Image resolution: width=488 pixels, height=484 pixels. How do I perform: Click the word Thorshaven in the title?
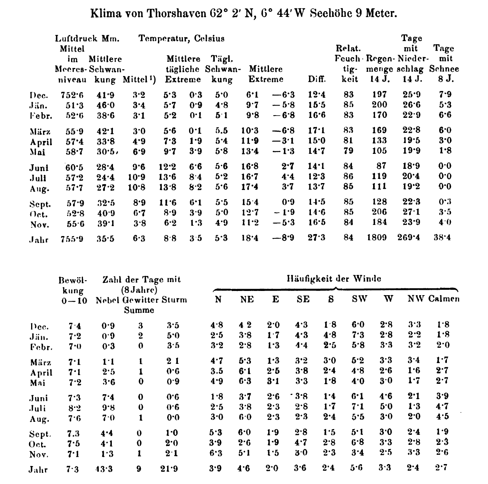175,14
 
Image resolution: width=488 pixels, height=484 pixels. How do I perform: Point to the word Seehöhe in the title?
329,14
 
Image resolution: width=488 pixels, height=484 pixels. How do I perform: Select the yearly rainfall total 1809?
376,238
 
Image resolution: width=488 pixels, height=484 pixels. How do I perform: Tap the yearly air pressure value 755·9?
72,239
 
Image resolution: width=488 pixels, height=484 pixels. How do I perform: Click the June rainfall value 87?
381,166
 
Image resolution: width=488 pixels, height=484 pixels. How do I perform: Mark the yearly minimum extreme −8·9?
284,238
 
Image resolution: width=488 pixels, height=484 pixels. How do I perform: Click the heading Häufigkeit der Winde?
334,279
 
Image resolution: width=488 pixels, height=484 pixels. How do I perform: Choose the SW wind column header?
360,299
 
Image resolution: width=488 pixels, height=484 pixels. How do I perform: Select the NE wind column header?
247,299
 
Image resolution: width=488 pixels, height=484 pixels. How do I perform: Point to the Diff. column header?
317,79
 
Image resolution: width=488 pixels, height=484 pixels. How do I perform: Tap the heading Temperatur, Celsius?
182,38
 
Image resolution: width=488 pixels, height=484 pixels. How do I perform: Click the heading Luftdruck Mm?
87,38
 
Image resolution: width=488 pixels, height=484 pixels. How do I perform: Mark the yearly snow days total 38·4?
442,238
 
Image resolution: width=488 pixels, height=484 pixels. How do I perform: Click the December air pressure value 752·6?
72,95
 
